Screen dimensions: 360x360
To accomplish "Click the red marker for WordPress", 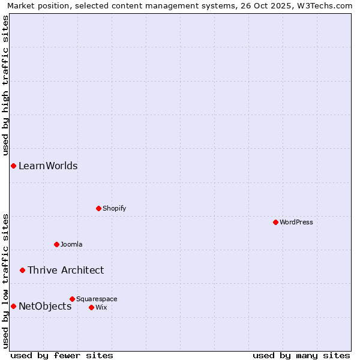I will point(275,222).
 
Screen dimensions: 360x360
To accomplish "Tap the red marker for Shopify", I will point(98,208).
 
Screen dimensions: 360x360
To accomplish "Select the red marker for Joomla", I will point(56,244).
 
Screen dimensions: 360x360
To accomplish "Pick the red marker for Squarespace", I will point(72,299).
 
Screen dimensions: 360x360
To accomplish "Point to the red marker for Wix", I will point(91,307).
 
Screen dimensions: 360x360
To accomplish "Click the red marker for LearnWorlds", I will point(13,166).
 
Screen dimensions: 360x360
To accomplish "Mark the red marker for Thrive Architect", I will point(22,270).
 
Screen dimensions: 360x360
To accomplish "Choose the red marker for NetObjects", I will point(13,306).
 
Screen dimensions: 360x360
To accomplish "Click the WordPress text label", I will point(296,222).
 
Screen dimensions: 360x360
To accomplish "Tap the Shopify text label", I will point(114,208).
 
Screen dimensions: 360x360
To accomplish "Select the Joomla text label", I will point(71,244).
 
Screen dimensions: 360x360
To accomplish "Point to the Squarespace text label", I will point(97,299).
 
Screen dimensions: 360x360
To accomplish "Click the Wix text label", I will point(101,307).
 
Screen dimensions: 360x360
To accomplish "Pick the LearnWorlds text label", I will point(48,166).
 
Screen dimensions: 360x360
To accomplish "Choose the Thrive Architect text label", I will point(65,270).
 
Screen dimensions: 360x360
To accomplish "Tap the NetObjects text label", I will point(45,306).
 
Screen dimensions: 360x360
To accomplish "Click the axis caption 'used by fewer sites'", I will point(62,355).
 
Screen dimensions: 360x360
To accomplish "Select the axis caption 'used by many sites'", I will point(301,355).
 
